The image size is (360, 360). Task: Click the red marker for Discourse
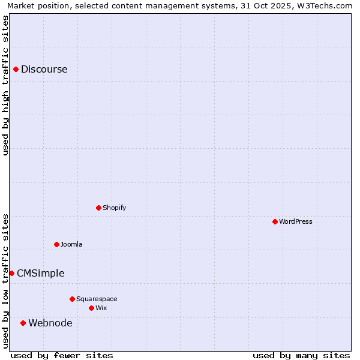16,69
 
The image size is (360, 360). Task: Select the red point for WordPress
275,221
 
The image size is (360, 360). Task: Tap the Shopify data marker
98,208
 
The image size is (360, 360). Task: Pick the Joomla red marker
56,244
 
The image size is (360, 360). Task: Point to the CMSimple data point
11,273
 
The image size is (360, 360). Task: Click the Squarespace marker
72,299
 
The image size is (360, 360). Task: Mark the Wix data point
91,308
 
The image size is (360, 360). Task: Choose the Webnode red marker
23,323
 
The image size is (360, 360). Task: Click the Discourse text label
44,69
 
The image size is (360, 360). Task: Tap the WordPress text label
296,221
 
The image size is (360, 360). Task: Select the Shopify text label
114,208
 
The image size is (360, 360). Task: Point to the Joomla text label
71,244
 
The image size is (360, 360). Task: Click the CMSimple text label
40,273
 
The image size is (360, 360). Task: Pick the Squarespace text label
97,299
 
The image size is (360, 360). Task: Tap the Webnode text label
50,323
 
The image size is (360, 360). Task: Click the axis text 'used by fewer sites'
62,355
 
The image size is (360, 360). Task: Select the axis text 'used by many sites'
301,355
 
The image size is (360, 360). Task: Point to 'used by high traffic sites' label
5,85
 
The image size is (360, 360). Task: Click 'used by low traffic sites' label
5,280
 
